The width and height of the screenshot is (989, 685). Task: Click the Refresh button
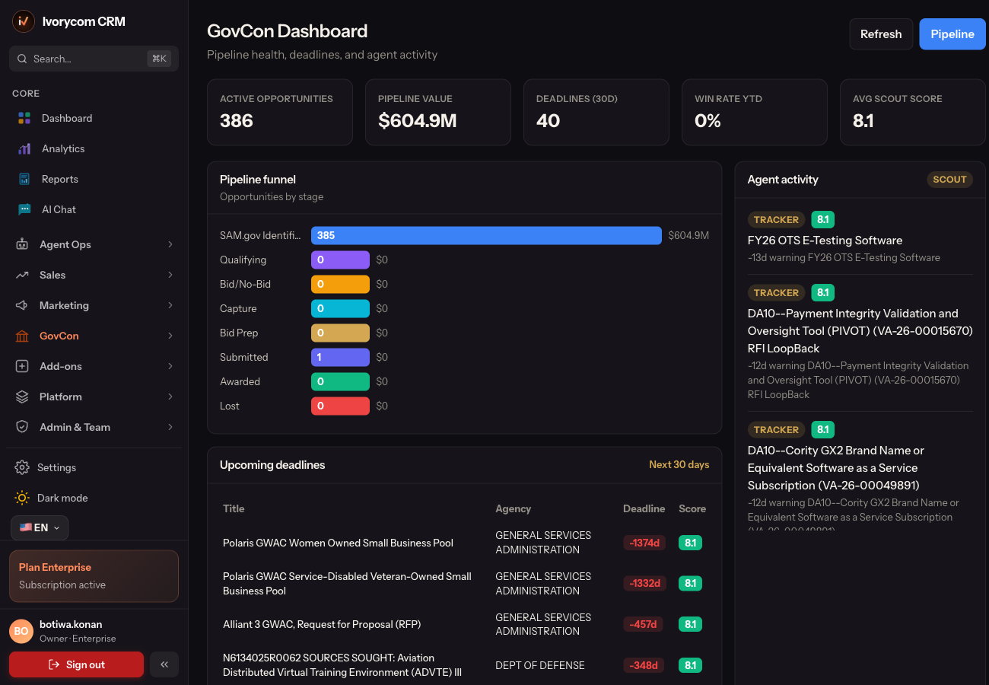pos(880,34)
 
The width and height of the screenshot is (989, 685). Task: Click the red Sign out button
pos(76,664)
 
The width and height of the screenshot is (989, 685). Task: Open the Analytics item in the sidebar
pos(63,149)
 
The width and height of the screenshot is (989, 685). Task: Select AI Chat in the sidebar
pos(59,209)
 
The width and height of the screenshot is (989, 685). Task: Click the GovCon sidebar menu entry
pos(59,336)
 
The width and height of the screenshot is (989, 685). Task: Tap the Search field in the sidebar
pos(94,59)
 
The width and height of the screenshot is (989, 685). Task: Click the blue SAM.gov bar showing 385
pos(486,235)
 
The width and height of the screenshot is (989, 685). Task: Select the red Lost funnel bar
pos(340,406)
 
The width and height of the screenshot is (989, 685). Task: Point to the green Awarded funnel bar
pos(340,381)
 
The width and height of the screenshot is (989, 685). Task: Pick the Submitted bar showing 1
pos(340,357)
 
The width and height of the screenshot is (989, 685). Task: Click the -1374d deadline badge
pos(644,543)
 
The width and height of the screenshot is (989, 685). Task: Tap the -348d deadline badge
pos(644,665)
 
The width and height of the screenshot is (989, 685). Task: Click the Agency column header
pos(513,508)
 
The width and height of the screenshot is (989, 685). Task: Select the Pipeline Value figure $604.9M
pos(417,120)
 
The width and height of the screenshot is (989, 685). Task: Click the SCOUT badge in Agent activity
pos(949,180)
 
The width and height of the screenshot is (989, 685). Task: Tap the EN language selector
pos(40,527)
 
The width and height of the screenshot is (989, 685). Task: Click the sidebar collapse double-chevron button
pos(164,664)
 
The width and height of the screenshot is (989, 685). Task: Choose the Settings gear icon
pos(21,467)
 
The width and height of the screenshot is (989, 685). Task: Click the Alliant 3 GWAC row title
pos(322,624)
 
